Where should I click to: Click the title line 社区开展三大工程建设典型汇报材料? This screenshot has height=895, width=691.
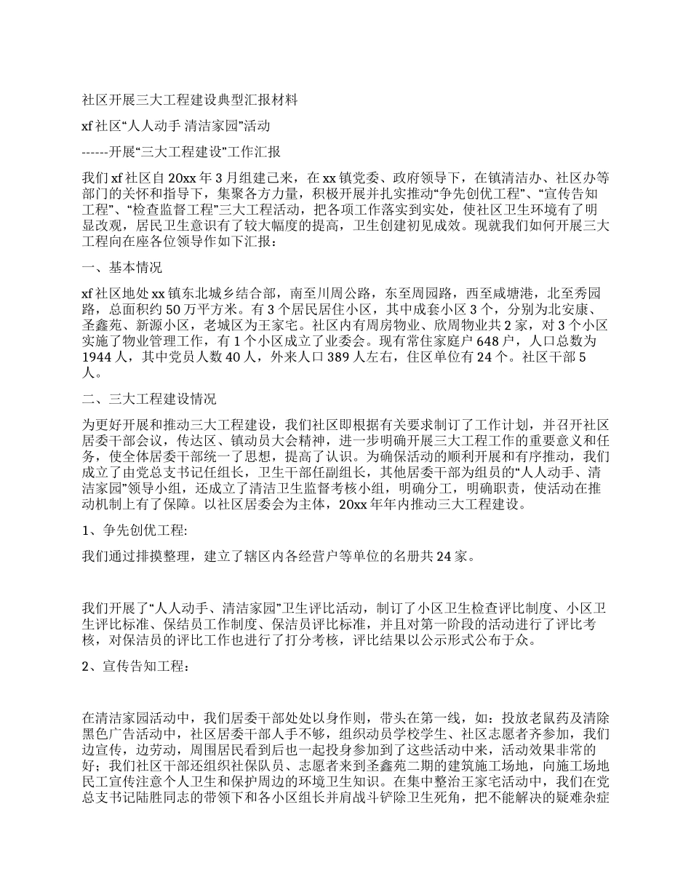[x=190, y=99]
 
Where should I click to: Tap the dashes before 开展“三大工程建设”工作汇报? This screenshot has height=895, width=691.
[x=95, y=152]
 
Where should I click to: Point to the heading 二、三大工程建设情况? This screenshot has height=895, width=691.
[x=149, y=399]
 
